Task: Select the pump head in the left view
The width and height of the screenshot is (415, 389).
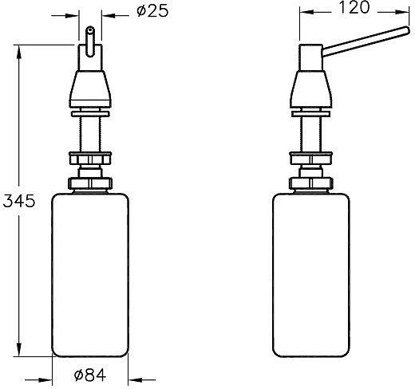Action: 90,86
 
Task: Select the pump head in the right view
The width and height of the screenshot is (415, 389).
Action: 310,86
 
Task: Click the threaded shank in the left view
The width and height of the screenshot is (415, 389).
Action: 90,132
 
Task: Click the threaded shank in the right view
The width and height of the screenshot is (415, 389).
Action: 310,132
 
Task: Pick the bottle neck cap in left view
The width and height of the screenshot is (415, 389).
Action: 90,183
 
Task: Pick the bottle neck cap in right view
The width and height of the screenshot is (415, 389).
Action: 310,183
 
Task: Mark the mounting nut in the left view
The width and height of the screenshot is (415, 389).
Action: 90,156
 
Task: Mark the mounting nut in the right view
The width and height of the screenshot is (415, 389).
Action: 310,156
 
